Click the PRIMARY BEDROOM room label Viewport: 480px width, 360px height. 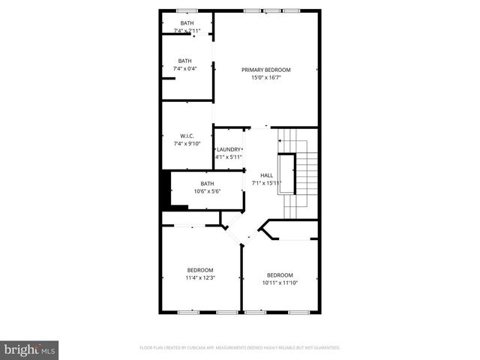pos(265,70)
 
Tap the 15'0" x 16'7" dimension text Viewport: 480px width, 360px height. pos(265,77)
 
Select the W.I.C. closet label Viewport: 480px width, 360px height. pos(187,136)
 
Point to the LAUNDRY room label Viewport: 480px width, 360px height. pos(229,149)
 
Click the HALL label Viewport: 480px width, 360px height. pos(266,175)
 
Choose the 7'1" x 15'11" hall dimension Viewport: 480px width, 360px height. pos(266,183)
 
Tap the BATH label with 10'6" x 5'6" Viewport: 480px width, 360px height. pos(207,184)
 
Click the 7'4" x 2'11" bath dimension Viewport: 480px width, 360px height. pos(187,31)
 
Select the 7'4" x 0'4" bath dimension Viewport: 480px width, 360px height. pos(184,69)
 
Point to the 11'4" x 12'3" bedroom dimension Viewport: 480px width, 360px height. pos(200,277)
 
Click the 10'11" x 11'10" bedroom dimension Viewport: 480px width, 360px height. pos(280,283)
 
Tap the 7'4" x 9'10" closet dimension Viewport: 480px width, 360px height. pos(187,143)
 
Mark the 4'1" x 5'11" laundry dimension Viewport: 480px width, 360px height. pos(229,157)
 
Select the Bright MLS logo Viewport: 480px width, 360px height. pos(30,349)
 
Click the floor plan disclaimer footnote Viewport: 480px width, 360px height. pos(240,348)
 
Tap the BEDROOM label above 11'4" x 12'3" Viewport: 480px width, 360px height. pos(200,270)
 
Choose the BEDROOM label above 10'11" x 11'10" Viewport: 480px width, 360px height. pos(280,274)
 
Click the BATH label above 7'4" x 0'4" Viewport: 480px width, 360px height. pos(184,61)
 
